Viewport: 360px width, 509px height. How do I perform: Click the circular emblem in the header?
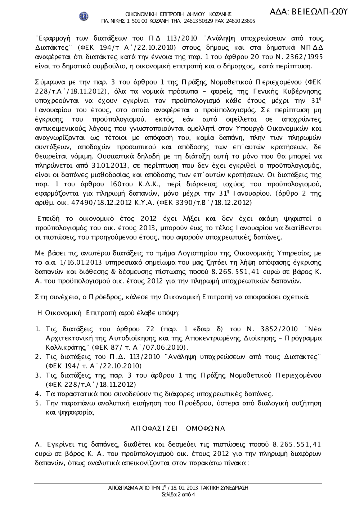[84, 17]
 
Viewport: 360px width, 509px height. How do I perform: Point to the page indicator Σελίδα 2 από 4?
[179, 494]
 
